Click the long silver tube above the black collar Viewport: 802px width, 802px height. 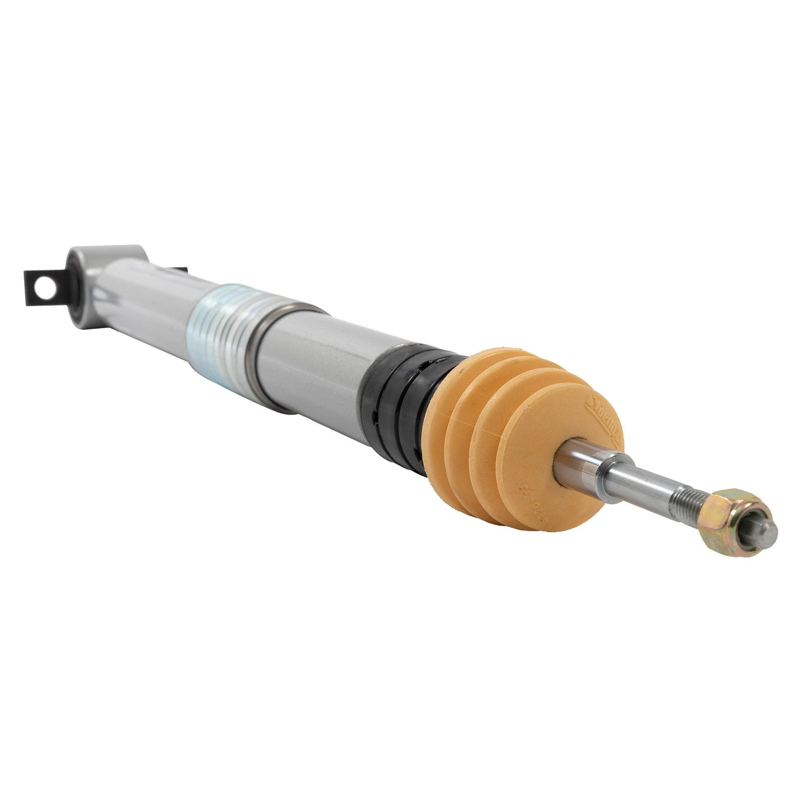[x=321, y=361]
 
